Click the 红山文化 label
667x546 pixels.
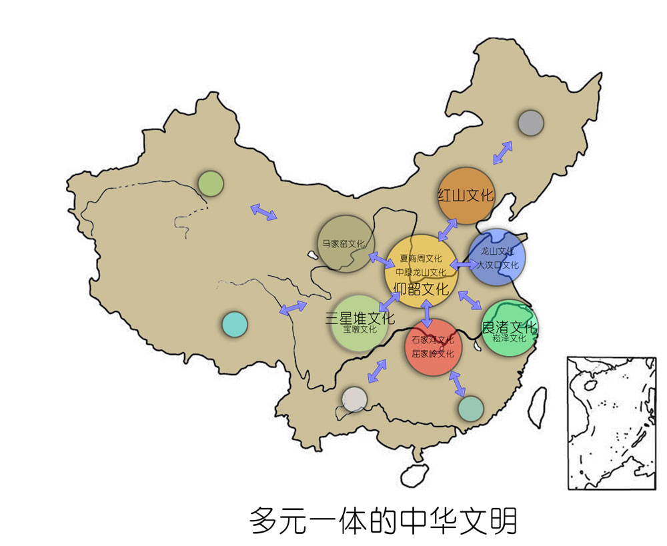pos(466,195)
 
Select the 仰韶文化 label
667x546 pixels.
pos(421,289)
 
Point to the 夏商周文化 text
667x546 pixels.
pos(421,258)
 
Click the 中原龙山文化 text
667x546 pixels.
pos(421,272)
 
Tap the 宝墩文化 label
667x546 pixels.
pos(360,329)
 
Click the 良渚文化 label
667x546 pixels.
pos(510,327)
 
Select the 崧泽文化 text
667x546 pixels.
pos(510,339)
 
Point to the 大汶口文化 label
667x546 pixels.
pos(498,265)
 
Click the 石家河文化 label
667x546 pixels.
pos(433,340)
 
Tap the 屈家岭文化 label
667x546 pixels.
pos(433,353)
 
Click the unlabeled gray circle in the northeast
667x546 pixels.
pos(531,123)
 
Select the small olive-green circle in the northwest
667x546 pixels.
pos(210,183)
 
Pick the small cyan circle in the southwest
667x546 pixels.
pos(234,324)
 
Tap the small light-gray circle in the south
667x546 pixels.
pos(354,399)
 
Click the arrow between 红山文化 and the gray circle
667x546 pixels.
pos(502,153)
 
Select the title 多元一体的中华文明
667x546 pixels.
pos(384,521)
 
